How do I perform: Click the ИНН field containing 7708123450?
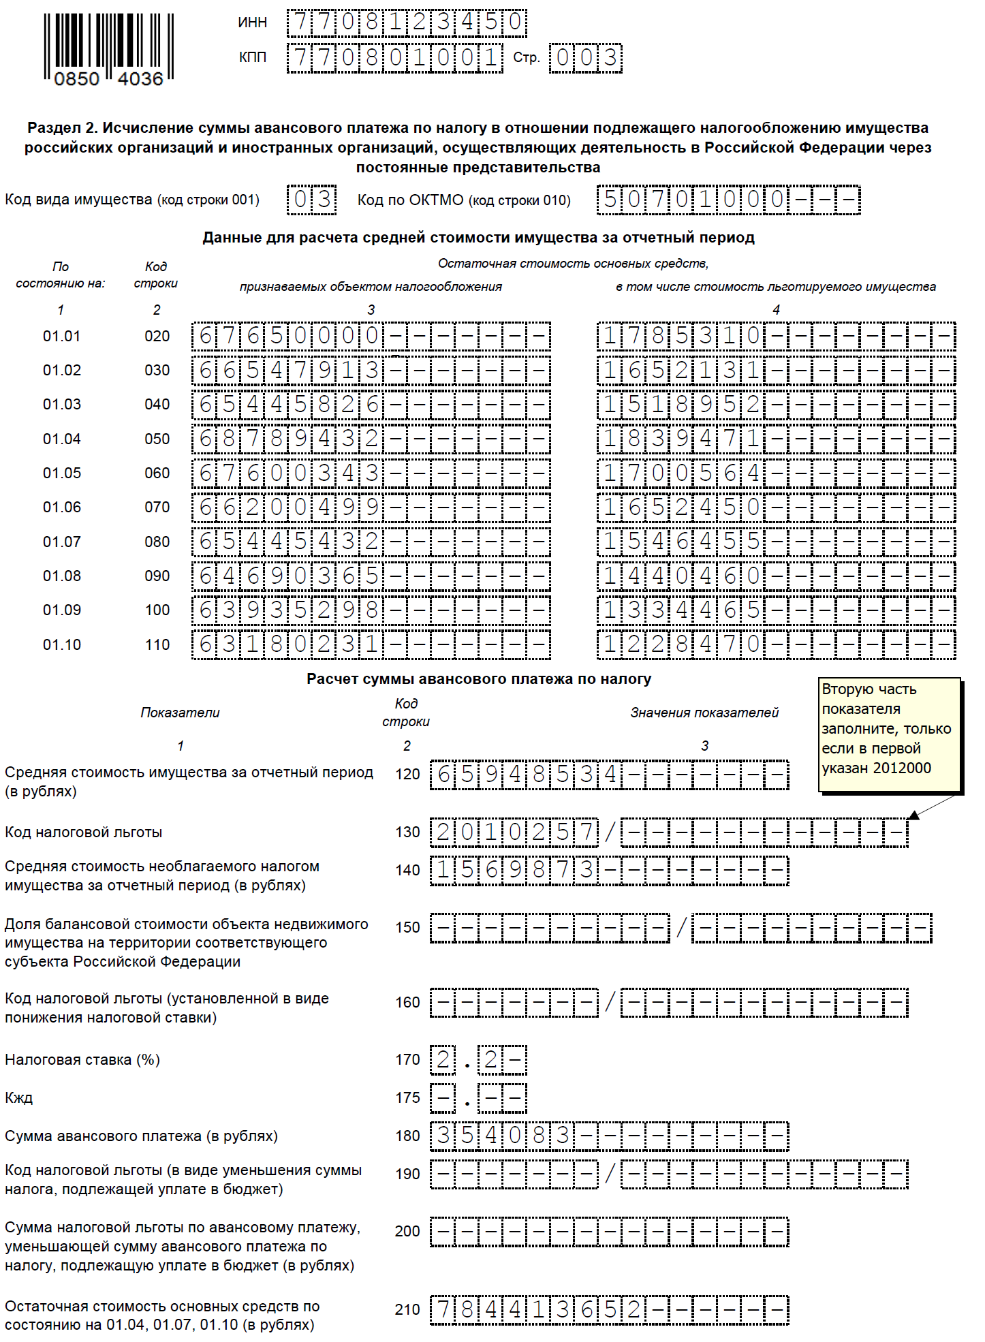click(407, 22)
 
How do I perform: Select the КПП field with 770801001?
click(395, 58)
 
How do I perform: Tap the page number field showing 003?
click(586, 58)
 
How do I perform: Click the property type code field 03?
click(312, 200)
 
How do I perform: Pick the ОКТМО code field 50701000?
click(728, 200)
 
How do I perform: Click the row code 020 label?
click(157, 337)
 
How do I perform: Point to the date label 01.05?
click(61, 473)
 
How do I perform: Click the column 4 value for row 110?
click(776, 645)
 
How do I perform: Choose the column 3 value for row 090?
click(371, 576)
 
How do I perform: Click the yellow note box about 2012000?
click(889, 734)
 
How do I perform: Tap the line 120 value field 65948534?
click(610, 775)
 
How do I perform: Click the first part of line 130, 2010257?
click(514, 832)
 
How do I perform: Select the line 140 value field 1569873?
click(610, 871)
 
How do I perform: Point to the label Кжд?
click(18, 1098)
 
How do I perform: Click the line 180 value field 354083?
click(610, 1136)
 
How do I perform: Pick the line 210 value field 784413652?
click(610, 1310)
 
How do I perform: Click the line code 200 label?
click(407, 1232)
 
